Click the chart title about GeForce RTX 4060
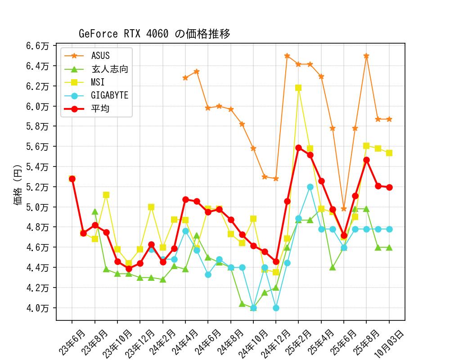154,34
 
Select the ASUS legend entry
100,56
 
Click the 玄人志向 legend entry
110,69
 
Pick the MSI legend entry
97,82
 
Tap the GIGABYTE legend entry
109,95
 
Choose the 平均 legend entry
100,108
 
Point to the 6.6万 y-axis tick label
38,46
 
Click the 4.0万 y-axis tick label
38,308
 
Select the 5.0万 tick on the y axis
38,207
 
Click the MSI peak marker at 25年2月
298,88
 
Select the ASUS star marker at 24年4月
185,78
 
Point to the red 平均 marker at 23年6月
72,179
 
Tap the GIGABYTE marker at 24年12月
276,308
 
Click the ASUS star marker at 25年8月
366,56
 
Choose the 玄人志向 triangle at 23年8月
95,211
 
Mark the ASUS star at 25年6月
344,209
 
